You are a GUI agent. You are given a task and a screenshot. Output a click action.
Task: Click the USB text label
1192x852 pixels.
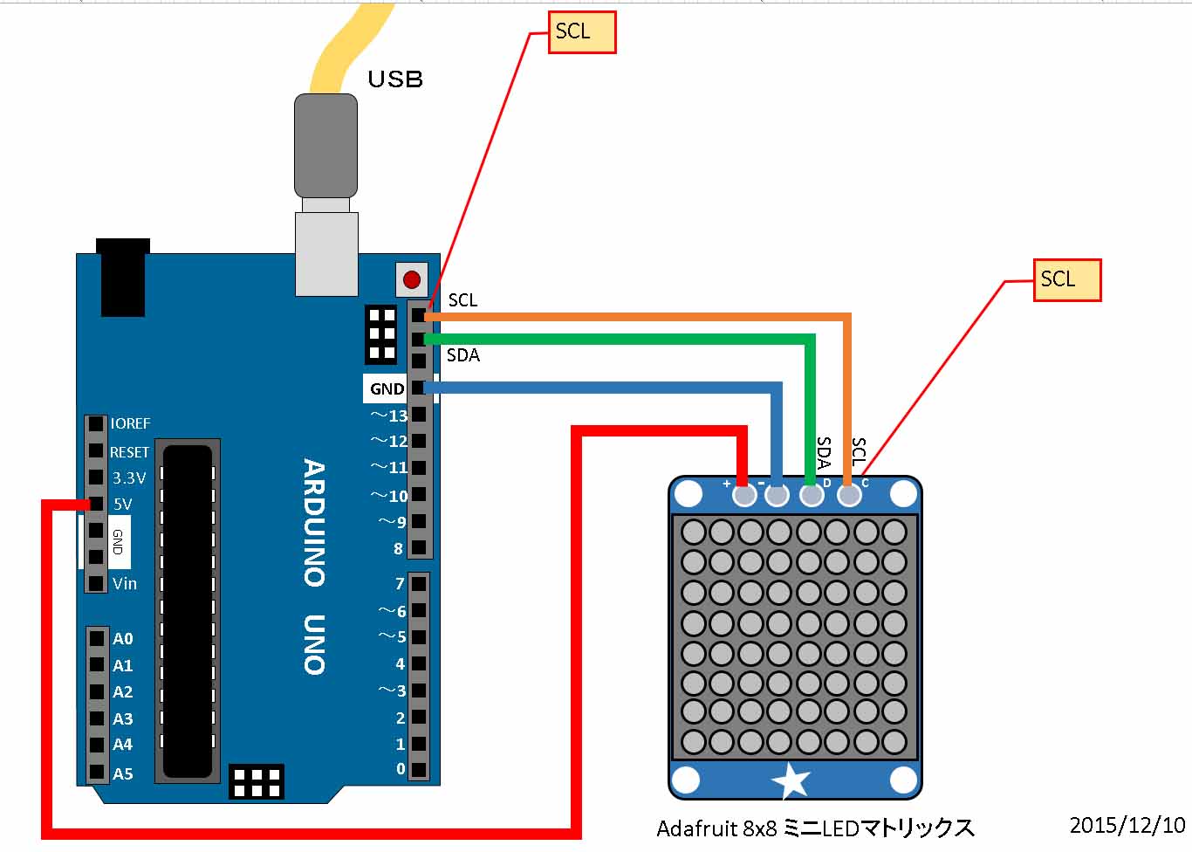pos(395,79)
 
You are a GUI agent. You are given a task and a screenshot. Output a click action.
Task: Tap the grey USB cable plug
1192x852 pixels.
pos(325,146)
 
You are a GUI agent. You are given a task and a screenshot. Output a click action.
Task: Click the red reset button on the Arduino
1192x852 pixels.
pos(412,280)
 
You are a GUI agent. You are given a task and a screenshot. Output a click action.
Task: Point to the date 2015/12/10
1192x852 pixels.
pos(1127,825)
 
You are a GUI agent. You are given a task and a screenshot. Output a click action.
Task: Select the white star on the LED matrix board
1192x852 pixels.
pos(791,780)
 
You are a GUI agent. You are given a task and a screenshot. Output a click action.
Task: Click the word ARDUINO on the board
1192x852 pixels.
pos(314,522)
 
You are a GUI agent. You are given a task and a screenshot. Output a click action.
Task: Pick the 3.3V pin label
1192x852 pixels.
pos(129,478)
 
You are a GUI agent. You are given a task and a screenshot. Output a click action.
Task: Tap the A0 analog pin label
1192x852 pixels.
pos(123,639)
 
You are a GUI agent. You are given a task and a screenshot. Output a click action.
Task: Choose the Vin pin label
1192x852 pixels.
pos(125,583)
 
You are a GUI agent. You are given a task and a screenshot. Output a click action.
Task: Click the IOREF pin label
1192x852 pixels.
pos(131,423)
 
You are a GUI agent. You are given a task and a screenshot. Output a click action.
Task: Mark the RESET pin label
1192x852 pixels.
pos(129,452)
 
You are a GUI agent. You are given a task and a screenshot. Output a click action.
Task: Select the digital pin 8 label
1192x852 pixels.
pos(399,549)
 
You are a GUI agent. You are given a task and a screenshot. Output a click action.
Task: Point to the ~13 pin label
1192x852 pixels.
pos(389,416)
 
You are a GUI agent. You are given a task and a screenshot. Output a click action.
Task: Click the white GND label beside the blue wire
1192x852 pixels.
pos(387,389)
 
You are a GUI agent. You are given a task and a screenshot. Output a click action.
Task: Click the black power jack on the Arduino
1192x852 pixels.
pos(123,277)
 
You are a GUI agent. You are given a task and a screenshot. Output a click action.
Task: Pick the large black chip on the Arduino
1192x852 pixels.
pos(188,611)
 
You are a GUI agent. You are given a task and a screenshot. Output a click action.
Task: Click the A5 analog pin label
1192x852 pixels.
pos(123,773)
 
